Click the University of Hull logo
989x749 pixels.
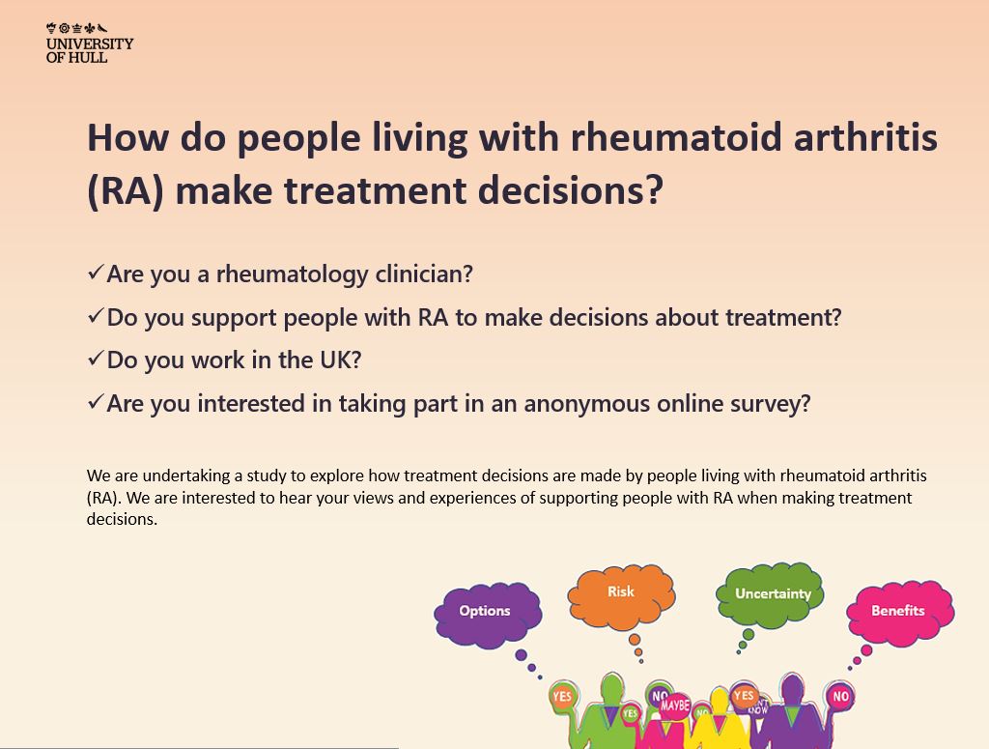90,42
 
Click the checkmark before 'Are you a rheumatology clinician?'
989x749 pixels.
95,274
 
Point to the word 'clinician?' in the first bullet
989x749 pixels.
424,274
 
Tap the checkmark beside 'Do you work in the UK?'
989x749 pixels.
95,359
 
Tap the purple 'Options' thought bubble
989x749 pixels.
485,612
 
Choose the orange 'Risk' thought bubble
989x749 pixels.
621,591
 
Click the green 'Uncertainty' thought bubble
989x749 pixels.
772,593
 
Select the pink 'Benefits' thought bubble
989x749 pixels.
898,611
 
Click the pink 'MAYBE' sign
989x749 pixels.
675,706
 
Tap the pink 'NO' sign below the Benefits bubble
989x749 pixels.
840,696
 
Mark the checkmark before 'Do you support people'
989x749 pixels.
95,316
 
